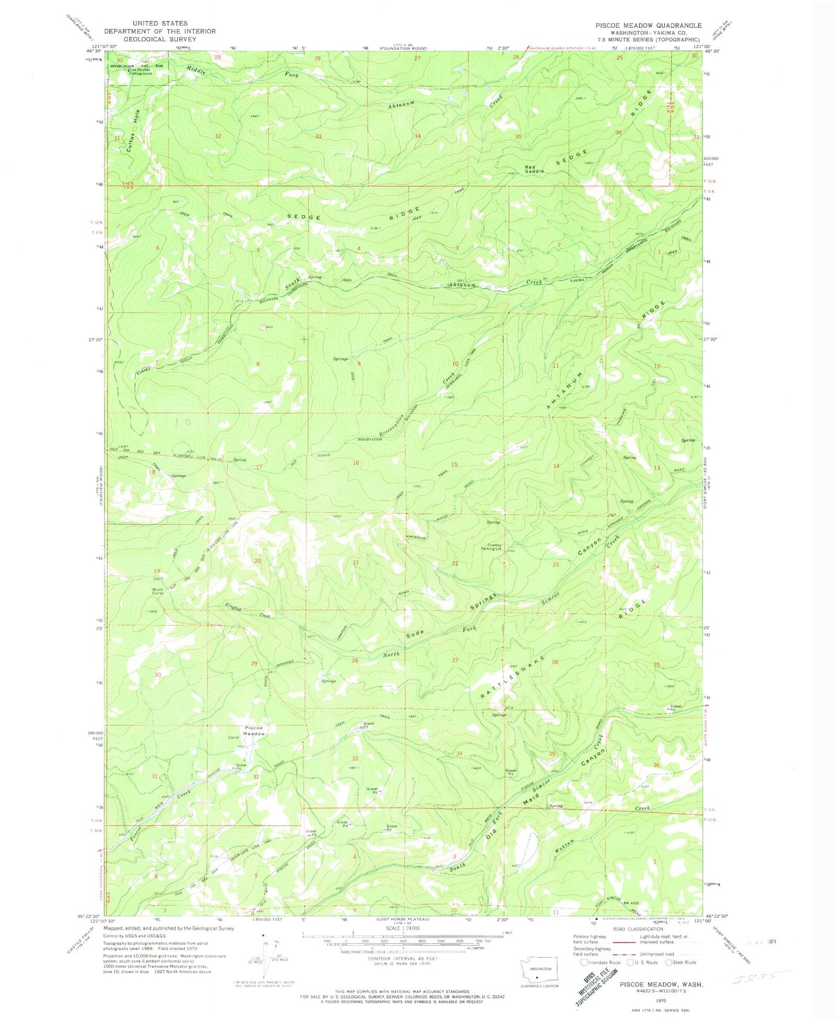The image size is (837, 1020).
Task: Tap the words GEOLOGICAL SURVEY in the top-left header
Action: (160, 39)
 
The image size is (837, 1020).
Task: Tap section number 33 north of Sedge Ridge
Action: (319, 137)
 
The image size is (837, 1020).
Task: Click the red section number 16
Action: (357, 463)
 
